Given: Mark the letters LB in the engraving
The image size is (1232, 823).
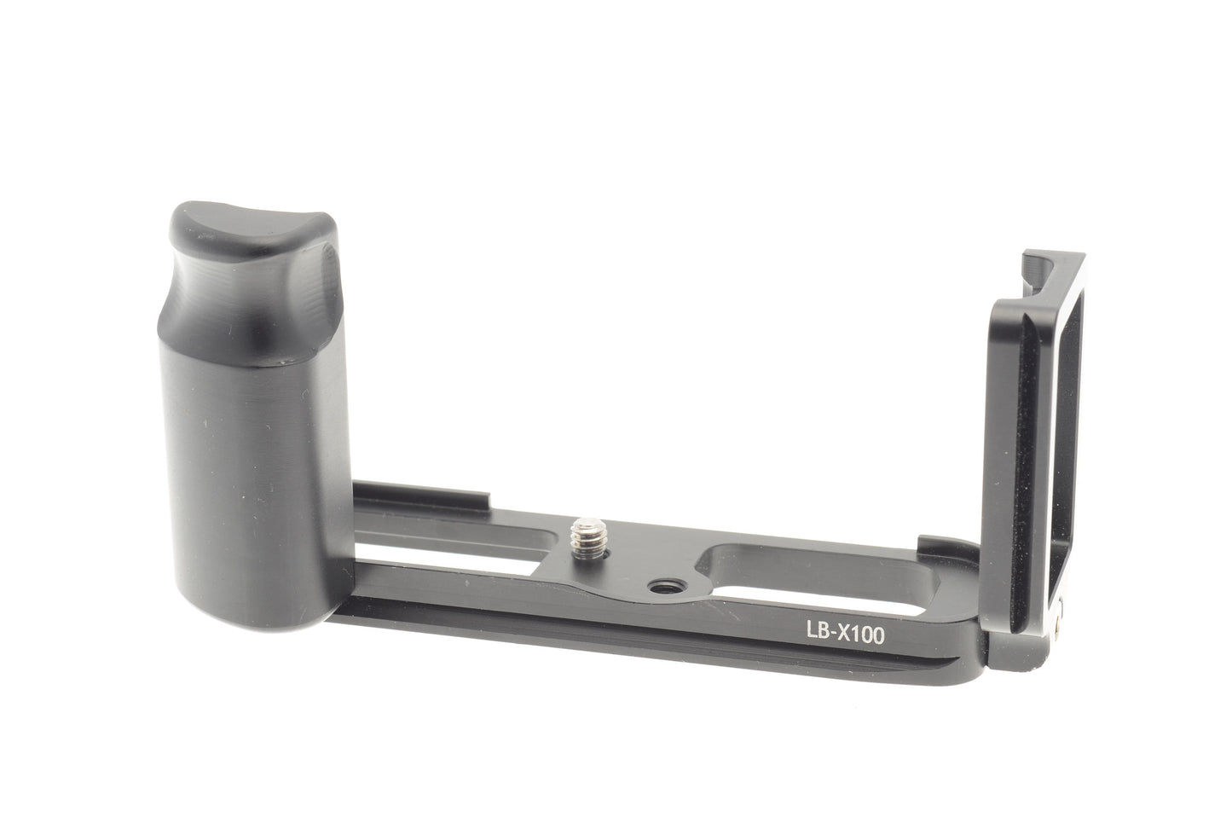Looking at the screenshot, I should coord(817,631).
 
